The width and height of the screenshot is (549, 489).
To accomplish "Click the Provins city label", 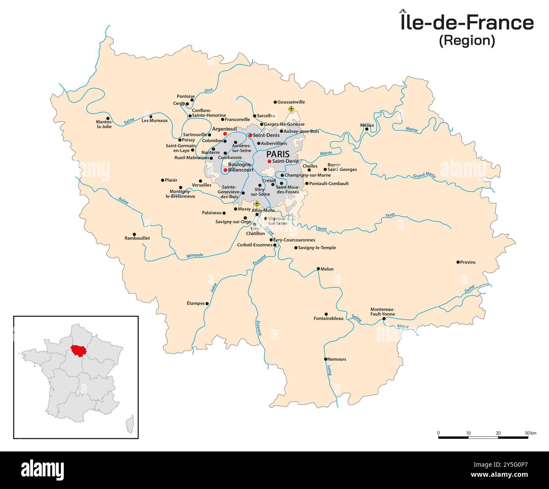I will [x=468, y=262].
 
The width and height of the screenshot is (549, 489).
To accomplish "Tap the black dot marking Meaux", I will [x=367, y=129].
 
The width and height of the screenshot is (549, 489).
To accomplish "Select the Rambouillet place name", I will [x=137, y=238].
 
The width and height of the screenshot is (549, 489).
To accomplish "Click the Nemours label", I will [x=337, y=359].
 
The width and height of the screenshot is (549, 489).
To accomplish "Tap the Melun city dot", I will [x=318, y=268].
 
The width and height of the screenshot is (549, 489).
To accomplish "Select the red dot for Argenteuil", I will [x=225, y=134].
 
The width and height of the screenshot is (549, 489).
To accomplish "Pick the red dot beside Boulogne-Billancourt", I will [x=225, y=170].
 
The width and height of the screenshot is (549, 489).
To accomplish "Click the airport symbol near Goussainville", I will [x=291, y=109].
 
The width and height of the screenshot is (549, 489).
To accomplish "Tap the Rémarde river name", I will [x=195, y=255].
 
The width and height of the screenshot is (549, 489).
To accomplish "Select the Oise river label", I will [x=208, y=90].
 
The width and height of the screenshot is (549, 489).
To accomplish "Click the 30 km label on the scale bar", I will [x=530, y=433].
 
